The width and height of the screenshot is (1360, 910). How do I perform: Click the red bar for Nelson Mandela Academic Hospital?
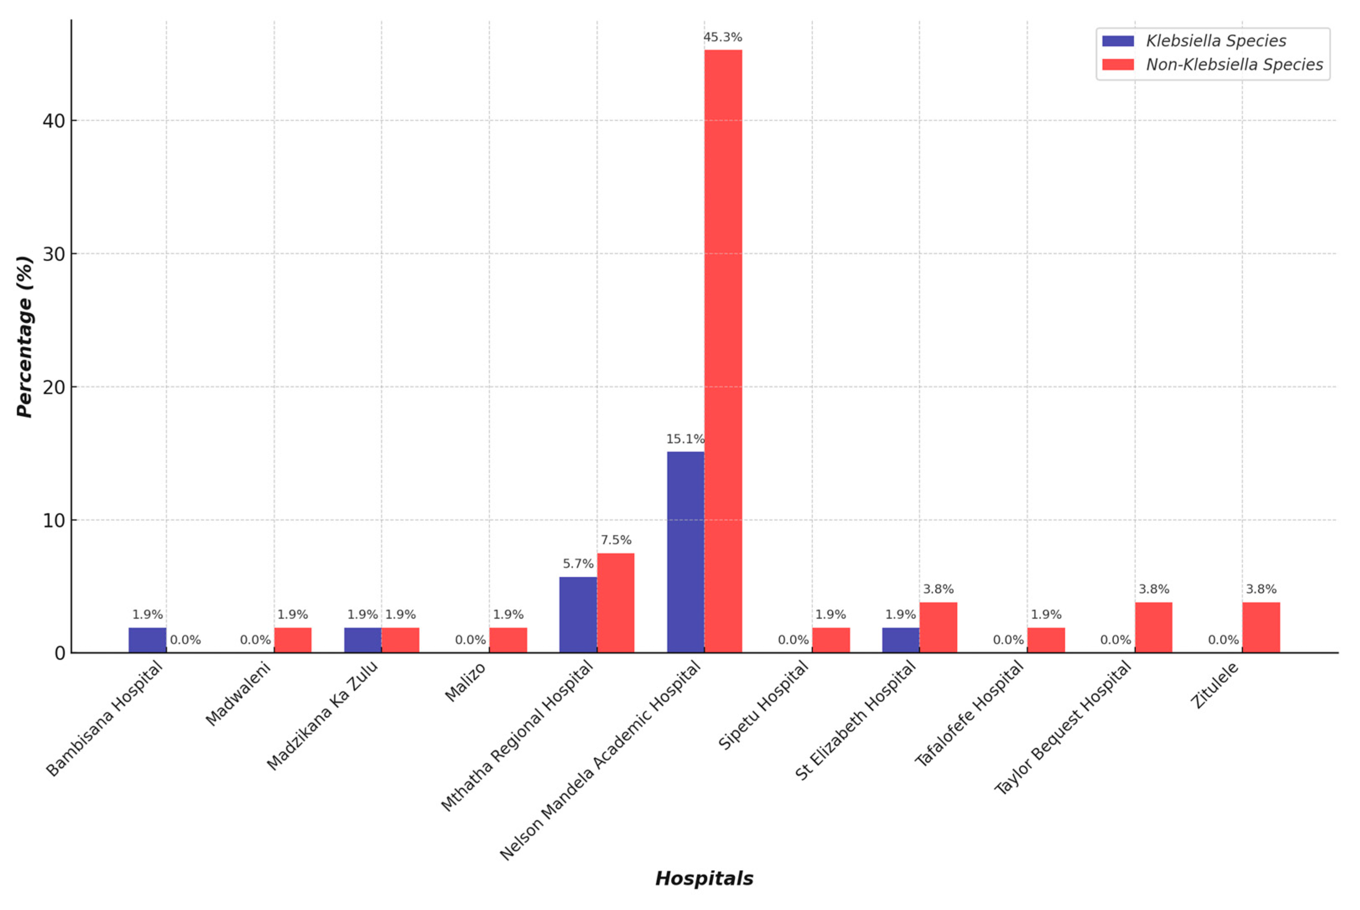[723, 348]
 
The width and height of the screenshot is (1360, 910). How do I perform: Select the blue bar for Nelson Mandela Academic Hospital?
[685, 551]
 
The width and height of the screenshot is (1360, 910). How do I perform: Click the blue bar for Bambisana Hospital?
[148, 640]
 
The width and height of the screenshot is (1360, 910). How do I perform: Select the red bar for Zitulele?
[1261, 627]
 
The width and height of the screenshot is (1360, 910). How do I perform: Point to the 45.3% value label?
[723, 38]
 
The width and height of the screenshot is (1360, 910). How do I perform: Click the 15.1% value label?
[685, 439]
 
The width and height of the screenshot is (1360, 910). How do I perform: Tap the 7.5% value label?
[616, 540]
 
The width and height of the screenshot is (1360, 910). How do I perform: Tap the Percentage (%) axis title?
[24, 337]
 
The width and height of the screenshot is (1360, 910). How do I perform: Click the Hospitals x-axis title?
[704, 879]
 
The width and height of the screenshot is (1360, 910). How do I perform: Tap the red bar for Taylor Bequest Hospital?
[1153, 627]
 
